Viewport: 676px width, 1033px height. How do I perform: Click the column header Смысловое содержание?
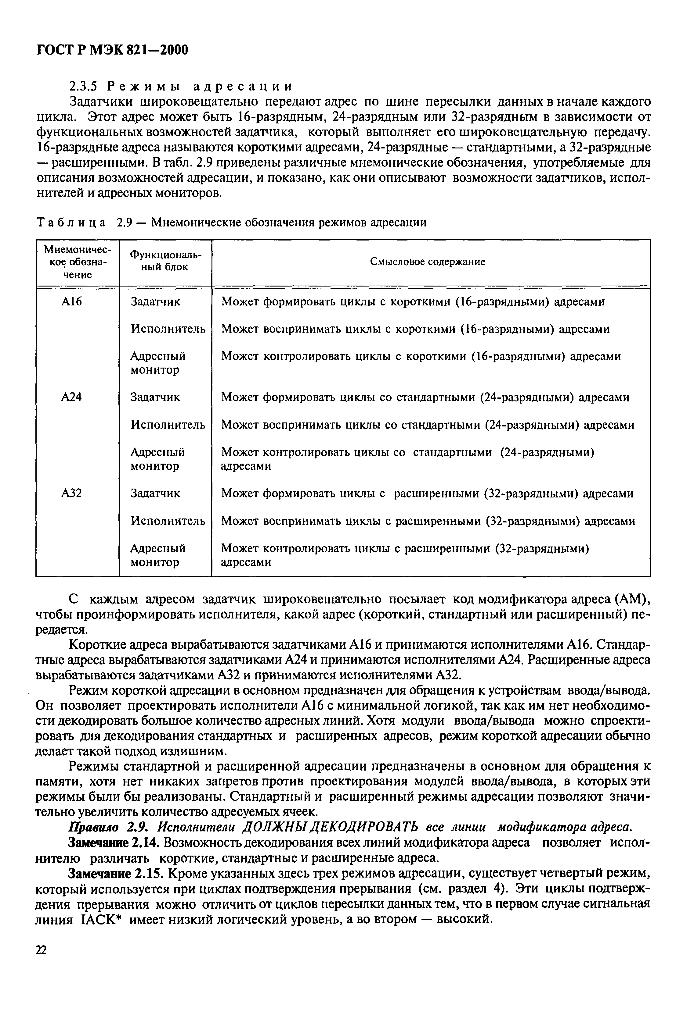(428, 262)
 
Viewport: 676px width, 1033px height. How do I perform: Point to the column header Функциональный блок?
(165, 262)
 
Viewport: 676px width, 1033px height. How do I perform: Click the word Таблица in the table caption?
(71, 223)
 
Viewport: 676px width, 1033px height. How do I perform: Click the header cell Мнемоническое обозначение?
(77, 262)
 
